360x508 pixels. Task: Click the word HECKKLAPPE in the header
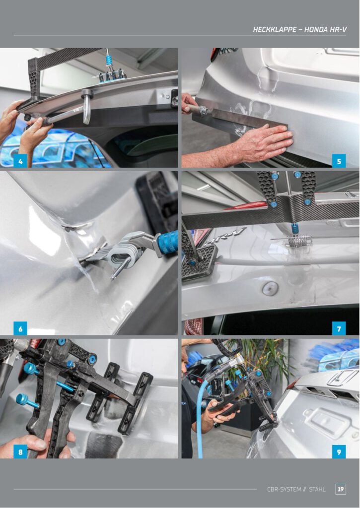coord(275,29)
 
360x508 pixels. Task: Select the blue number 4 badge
coord(20,161)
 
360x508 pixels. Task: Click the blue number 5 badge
coord(339,161)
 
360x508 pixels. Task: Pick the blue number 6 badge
coord(20,328)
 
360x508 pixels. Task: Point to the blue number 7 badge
coord(339,328)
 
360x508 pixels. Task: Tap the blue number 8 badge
coord(20,451)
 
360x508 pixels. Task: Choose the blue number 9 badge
coord(339,451)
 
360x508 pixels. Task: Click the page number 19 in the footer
coord(341,489)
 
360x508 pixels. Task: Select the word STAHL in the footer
coord(317,489)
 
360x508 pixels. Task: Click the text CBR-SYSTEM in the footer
coord(284,489)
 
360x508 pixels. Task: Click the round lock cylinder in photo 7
coord(270,288)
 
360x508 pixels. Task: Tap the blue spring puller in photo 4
coord(109,61)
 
